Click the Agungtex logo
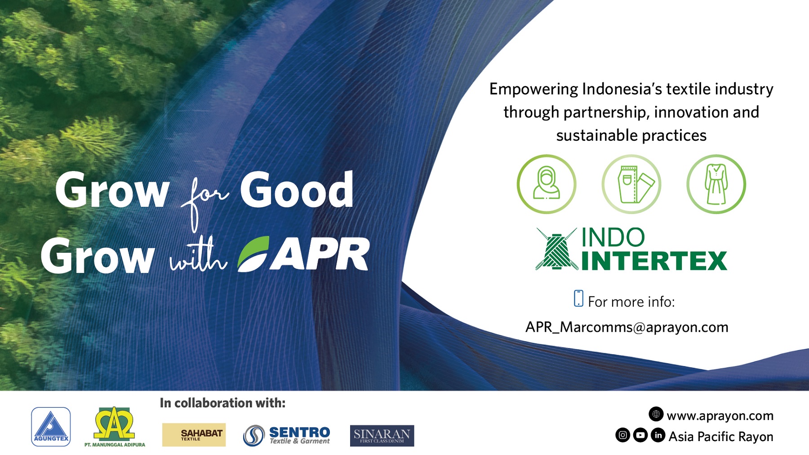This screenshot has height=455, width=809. [51, 427]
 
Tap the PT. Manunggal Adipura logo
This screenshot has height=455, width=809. [115, 427]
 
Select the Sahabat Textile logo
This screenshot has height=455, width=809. [194, 434]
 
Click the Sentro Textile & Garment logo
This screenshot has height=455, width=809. [287, 435]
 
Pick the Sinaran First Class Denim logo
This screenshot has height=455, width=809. [382, 436]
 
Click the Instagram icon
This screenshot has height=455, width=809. [622, 435]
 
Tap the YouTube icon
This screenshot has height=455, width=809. [640, 435]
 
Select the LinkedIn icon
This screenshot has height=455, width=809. [658, 435]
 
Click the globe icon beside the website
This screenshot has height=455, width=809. [656, 414]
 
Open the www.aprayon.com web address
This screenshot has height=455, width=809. [720, 416]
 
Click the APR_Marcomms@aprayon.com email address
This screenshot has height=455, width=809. [627, 327]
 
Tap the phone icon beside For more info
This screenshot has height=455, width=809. [578, 299]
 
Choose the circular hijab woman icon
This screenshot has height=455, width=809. [547, 184]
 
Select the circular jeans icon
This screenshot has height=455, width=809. [631, 184]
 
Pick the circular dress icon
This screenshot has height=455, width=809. [716, 184]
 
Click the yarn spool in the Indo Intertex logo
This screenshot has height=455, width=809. [556, 250]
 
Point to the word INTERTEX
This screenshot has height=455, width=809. [654, 261]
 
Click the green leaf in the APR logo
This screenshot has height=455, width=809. [253, 254]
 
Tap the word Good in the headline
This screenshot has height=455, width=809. [297, 191]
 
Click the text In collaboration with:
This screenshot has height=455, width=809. [222, 403]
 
